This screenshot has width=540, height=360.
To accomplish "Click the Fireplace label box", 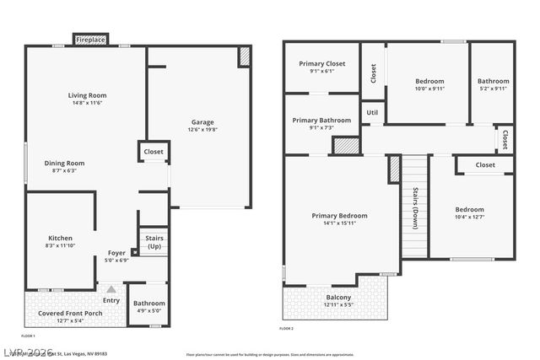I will pos(90,40).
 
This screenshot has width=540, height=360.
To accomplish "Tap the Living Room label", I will pos(87,95).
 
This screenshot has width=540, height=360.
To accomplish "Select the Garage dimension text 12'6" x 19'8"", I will pos(202,130).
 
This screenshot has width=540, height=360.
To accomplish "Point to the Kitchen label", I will pos(60,238).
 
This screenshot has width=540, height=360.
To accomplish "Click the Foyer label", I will pos(116,253).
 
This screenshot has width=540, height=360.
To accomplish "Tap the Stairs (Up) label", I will pos(154,242).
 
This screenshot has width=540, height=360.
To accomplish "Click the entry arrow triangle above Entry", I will pos(111,289).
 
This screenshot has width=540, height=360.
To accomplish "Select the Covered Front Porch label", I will pos(70,313).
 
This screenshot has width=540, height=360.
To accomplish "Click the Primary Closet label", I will pos(322,63).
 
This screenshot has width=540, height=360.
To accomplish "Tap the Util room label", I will pos(372,110).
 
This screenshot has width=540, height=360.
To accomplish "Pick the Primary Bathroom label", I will pos(321,121).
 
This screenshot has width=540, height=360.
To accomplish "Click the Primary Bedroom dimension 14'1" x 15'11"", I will pos(341,223).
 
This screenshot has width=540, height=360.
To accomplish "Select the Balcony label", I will pos(339,296).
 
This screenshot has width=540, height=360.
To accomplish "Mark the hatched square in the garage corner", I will pos(245,56).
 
